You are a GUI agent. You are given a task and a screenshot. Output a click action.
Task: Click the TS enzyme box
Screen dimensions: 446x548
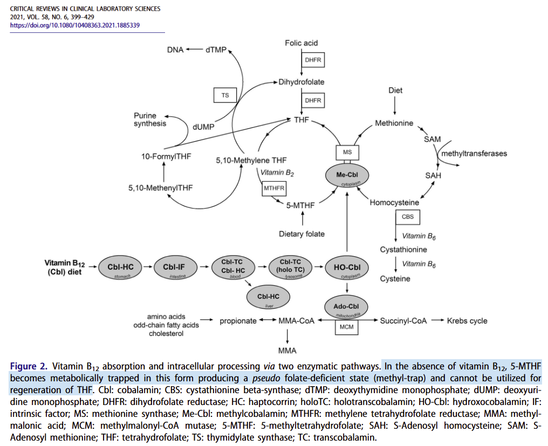(225, 95)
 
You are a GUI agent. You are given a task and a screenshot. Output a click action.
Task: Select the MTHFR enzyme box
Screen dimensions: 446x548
(273, 188)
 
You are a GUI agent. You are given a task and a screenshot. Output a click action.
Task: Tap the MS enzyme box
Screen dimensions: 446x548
(347, 153)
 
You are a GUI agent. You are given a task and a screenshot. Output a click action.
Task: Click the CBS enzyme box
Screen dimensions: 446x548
(407, 217)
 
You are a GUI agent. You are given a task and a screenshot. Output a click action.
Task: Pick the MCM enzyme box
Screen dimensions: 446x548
(346, 327)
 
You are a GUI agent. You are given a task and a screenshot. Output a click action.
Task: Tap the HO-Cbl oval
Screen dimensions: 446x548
(347, 267)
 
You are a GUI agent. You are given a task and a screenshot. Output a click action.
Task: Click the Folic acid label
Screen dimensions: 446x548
(302, 43)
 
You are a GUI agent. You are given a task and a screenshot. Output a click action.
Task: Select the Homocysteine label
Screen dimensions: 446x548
(394, 202)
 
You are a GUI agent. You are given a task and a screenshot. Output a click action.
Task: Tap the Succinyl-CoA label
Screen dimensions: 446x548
(403, 321)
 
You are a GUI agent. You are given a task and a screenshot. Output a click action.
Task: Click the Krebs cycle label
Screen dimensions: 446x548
(467, 321)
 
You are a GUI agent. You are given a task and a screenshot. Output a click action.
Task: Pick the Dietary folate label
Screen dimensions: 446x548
(302, 234)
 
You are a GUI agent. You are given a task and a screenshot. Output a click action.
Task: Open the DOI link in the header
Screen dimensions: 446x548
(75, 25)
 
